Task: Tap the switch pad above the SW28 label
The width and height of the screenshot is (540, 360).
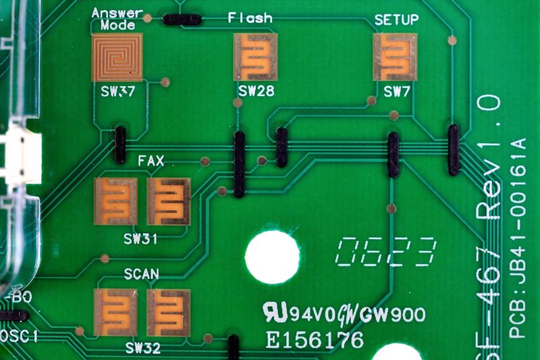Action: [255, 57]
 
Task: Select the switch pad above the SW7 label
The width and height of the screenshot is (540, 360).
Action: [395, 57]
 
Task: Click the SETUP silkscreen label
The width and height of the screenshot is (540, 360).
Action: [396, 20]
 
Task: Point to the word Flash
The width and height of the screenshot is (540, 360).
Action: [250, 18]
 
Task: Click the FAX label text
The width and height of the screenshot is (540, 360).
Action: [151, 161]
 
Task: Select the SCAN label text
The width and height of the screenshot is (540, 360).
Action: [142, 274]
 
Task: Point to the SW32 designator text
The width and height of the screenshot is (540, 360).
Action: [142, 349]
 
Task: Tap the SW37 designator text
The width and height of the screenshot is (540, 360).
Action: [117, 91]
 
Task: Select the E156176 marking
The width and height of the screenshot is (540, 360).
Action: [315, 339]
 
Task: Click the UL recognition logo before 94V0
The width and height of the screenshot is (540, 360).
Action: [275, 311]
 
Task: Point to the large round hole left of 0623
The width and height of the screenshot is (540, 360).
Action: [272, 257]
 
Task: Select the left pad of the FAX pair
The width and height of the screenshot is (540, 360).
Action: [116, 201]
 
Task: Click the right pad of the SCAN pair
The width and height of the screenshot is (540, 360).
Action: [168, 312]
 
